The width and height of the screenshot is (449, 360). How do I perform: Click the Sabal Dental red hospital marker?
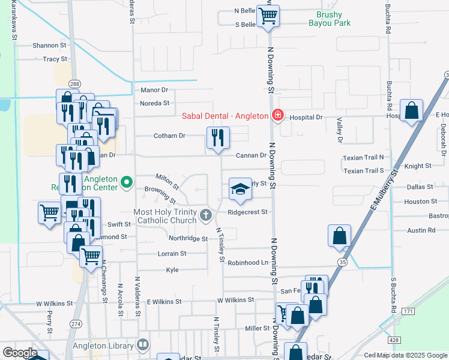[x=277, y=115]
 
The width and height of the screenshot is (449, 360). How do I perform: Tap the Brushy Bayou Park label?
[x=329, y=19]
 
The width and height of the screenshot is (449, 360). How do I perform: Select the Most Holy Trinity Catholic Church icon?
[x=206, y=215]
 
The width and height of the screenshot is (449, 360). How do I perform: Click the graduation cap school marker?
[x=240, y=189]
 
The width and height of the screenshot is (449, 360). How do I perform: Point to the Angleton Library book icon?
[x=142, y=344]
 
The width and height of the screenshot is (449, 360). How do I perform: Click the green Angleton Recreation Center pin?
[x=126, y=181]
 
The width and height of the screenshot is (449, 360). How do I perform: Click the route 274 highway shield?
[x=76, y=324]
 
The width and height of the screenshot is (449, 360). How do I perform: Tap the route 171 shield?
[x=408, y=311]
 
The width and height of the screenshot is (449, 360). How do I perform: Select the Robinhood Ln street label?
[x=248, y=262]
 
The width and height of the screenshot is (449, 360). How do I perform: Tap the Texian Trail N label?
[x=363, y=157]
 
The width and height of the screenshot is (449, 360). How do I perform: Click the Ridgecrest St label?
[x=247, y=212]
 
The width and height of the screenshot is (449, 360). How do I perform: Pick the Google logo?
[x=19, y=353]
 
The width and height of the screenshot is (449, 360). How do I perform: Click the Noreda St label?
[x=154, y=103]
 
